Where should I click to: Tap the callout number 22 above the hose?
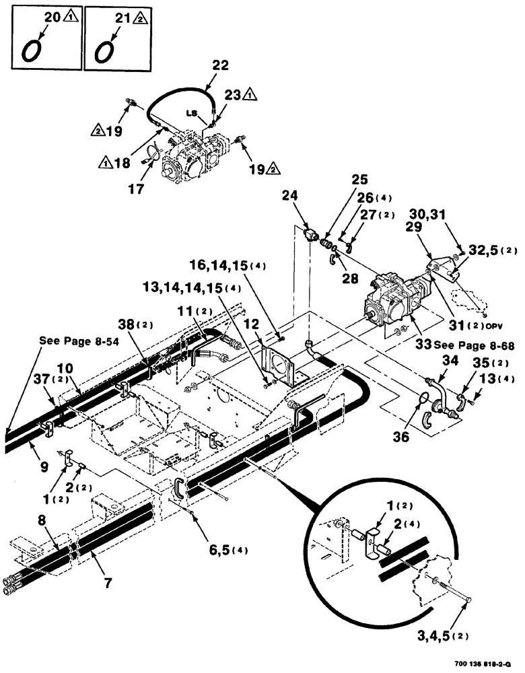point(220,65)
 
